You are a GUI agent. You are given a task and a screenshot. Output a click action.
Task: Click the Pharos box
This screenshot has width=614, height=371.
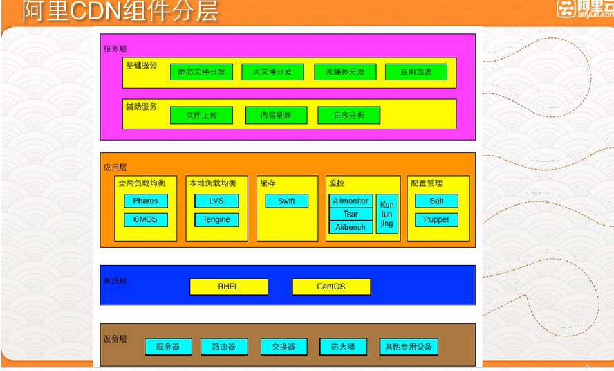(x=146, y=201)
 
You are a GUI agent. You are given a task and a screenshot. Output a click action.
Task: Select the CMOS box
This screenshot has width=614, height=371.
(x=146, y=219)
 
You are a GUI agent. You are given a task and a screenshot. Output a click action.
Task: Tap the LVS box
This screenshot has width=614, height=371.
(x=216, y=201)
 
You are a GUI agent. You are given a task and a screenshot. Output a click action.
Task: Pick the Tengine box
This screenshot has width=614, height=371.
(x=216, y=219)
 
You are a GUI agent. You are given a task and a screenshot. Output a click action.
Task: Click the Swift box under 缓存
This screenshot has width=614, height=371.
(x=286, y=201)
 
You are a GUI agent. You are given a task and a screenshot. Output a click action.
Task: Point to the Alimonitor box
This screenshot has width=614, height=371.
(x=351, y=201)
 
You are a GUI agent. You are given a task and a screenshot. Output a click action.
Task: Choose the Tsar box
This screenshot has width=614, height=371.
(x=351, y=215)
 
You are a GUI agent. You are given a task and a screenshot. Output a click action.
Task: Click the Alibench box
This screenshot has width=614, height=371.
(x=351, y=227)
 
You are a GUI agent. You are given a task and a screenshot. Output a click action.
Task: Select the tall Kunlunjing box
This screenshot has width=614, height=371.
(x=387, y=214)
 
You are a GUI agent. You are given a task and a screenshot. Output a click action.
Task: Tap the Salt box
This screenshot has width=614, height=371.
(x=436, y=201)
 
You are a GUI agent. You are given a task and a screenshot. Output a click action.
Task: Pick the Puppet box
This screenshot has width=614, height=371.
(x=436, y=219)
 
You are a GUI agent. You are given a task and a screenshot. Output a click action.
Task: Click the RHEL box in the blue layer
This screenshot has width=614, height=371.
(x=229, y=287)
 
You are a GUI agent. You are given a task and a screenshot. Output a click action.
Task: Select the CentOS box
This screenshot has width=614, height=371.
(x=331, y=287)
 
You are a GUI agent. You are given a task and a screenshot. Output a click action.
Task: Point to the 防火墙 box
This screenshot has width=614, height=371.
(x=343, y=347)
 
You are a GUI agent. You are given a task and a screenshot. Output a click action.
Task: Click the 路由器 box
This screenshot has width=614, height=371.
(x=223, y=347)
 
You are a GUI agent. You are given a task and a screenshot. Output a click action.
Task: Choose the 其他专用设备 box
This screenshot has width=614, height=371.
(x=409, y=347)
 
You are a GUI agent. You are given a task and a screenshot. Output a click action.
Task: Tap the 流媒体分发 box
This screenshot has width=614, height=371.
(x=345, y=72)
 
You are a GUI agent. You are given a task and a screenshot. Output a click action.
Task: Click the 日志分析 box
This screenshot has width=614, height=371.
(x=349, y=116)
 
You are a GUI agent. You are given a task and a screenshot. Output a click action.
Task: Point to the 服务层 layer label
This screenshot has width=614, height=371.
(x=115, y=49)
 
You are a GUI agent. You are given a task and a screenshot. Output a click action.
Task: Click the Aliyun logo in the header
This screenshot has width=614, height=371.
(x=584, y=10)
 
